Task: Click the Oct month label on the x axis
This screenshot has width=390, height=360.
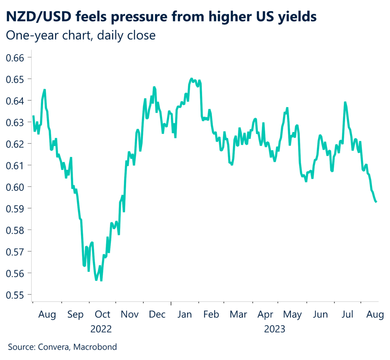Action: point(102,315)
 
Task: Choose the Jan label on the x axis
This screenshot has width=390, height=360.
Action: point(185,315)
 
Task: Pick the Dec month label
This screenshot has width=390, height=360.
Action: point(157,315)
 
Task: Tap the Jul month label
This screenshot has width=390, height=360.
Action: point(348,315)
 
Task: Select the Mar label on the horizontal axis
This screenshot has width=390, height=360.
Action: point(239,315)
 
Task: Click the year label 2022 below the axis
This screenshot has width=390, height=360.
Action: point(101,329)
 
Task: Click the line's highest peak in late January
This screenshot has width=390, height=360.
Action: point(191,79)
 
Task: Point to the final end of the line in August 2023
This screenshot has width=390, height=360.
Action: point(377,202)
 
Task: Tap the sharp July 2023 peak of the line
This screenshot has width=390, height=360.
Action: point(345,102)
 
